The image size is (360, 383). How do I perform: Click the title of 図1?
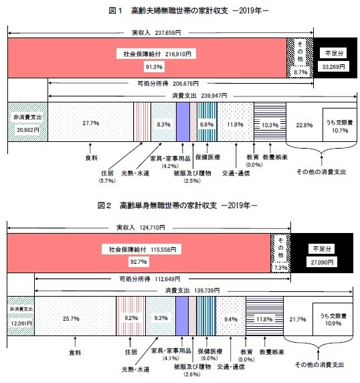pos(188,11)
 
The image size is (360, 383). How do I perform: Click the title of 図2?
pos(177,206)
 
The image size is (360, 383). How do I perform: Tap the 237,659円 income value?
pos(168,33)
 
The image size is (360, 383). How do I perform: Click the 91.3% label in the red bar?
pos(154,67)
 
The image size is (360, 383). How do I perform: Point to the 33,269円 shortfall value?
pos(333,67)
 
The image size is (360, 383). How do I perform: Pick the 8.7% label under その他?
pos(300,72)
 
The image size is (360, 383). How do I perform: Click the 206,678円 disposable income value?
pos(186,84)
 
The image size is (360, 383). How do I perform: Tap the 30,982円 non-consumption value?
pos(28,130)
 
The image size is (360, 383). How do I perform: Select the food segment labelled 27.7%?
pos(90,122)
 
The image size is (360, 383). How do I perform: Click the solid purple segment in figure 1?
pos(183,122)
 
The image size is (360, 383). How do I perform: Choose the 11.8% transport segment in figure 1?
pos(236,122)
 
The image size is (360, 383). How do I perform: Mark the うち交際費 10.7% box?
pos(340,125)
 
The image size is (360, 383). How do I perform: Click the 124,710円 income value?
pos(153,228)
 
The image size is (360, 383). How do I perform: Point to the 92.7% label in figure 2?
pos(139,262)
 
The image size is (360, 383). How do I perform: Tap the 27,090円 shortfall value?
pos(322,262)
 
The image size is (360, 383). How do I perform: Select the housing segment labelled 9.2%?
pos(131,316)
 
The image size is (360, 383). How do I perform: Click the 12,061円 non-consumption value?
pos(21,323)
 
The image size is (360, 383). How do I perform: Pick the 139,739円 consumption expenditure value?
pos(207,291)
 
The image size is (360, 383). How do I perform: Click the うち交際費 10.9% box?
pos(333,319)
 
